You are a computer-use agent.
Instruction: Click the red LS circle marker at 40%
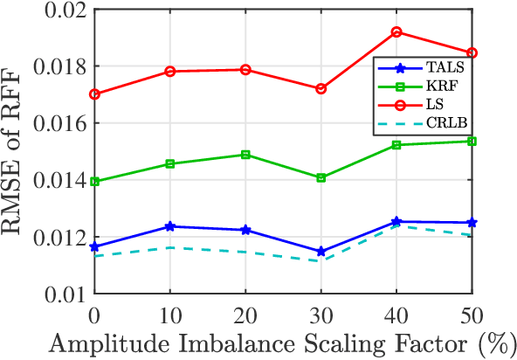coord(396,32)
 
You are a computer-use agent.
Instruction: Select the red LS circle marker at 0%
coord(94,93)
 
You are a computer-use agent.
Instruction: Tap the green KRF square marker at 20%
coord(245,155)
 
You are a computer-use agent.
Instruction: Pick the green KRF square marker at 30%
coord(321,177)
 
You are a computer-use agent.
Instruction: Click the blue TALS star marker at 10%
coord(169,226)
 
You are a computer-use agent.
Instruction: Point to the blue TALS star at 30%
coord(321,252)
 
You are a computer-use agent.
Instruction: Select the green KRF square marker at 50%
coord(472,141)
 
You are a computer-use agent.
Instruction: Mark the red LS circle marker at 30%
coord(321,88)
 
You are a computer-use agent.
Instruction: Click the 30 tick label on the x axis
coord(321,313)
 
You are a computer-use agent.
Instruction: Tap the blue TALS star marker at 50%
coord(472,223)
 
